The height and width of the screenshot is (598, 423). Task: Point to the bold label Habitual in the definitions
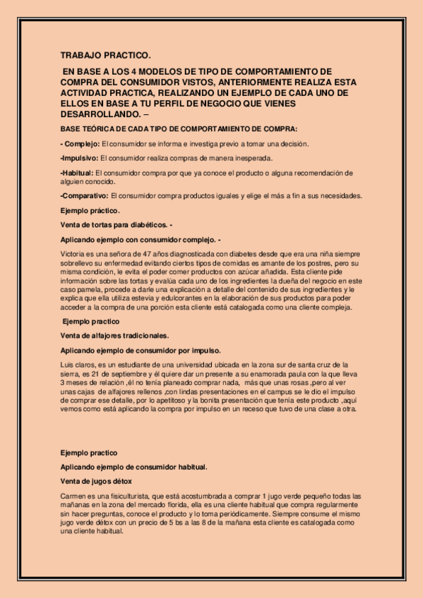coord(78,172)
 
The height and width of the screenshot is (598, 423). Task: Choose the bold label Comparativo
coord(85,195)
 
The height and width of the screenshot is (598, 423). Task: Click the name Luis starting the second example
coord(67,364)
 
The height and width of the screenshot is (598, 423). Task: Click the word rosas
coord(294,382)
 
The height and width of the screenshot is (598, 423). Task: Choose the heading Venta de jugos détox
coord(96,480)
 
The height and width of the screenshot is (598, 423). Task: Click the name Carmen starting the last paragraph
coord(74,496)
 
